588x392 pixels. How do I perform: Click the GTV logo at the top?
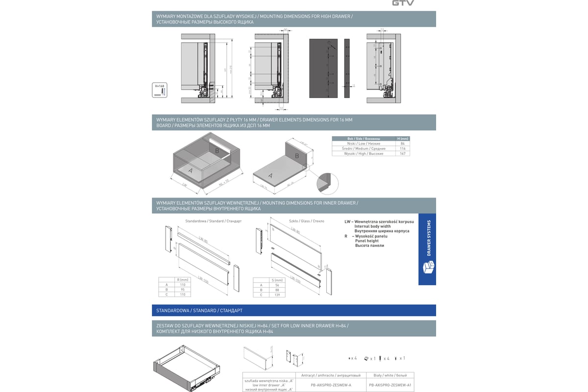point(403,3)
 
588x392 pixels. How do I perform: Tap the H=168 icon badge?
point(160,90)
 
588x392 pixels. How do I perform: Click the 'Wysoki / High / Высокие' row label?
point(363,153)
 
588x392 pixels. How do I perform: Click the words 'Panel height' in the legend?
point(367,241)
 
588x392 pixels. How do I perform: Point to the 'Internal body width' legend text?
point(372,226)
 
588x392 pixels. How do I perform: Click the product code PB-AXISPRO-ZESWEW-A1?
point(390,385)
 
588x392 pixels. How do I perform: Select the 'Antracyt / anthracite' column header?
point(331,375)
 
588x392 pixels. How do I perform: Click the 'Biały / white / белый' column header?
point(390,375)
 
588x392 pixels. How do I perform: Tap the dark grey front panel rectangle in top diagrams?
point(324,68)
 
